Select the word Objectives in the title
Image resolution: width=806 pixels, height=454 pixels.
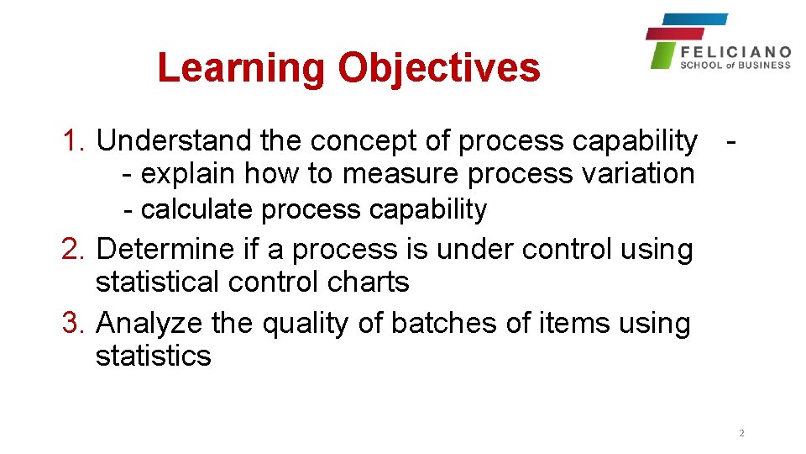click(438, 68)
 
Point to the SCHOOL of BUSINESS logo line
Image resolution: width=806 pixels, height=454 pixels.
click(735, 65)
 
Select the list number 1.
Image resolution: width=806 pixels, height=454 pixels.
click(76, 141)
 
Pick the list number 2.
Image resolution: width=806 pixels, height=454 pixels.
click(76, 250)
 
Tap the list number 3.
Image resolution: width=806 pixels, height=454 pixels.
click(76, 323)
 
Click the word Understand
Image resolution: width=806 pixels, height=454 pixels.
click(174, 141)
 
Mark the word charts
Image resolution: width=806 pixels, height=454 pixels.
click(369, 282)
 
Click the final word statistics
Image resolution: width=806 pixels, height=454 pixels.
click(153, 356)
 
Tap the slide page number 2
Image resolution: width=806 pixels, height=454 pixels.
click(741, 434)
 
